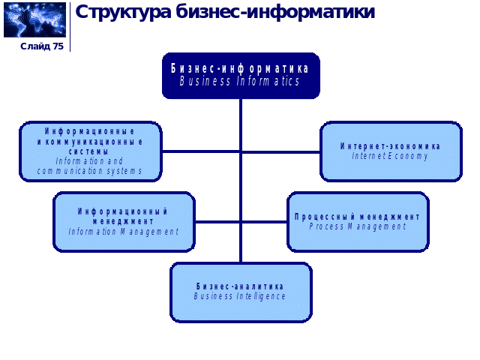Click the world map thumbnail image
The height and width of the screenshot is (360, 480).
click(x=34, y=20)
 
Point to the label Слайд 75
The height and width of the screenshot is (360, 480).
click(x=42, y=46)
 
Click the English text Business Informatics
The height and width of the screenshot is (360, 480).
click(x=240, y=82)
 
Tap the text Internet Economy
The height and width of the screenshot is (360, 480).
click(x=391, y=157)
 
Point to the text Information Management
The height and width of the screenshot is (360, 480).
click(x=124, y=232)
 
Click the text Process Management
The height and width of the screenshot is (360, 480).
click(x=358, y=226)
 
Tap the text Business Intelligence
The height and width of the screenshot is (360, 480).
click(x=240, y=296)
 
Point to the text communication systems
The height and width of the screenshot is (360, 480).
click(x=89, y=171)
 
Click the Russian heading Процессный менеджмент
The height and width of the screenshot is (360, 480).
click(x=358, y=217)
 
